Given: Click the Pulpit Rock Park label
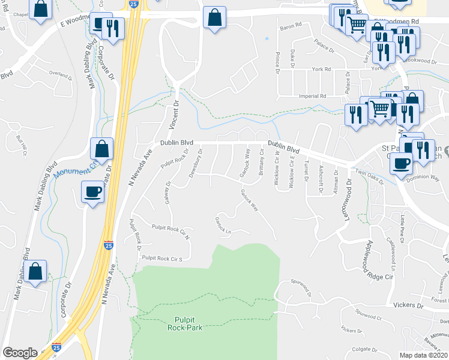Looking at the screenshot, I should [x=185, y=323].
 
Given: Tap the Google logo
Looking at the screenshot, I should [x=20, y=352].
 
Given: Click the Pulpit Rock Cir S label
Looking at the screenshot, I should [x=161, y=258].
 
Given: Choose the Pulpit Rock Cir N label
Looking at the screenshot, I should [x=170, y=228].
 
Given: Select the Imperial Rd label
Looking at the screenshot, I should [x=313, y=96].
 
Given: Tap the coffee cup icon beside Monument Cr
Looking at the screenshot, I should [x=92, y=191].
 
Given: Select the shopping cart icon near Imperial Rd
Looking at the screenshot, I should [x=379, y=109].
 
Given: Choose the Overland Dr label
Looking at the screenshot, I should [x=61, y=74].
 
